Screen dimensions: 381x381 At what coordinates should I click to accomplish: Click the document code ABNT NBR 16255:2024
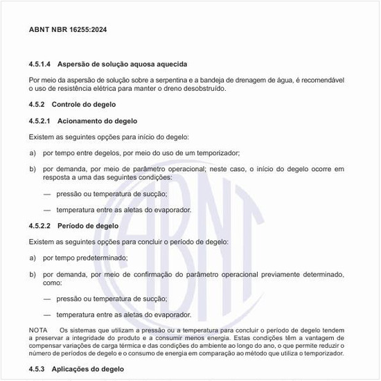68,30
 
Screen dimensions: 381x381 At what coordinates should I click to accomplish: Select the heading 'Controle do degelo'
84,105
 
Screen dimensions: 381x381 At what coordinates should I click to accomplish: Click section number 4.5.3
39,369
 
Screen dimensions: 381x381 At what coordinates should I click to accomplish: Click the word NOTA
38,330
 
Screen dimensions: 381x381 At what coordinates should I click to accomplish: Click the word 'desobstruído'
203,89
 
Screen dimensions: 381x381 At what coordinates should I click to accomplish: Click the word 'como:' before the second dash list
53,283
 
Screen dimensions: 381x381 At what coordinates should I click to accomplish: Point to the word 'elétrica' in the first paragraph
112,89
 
